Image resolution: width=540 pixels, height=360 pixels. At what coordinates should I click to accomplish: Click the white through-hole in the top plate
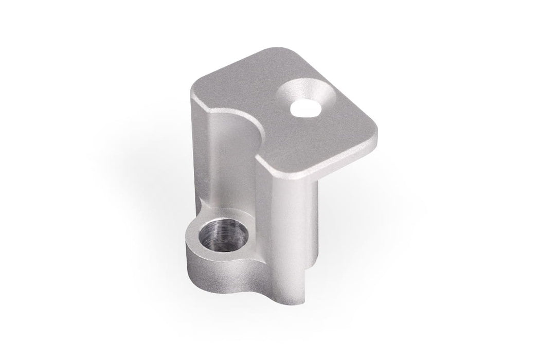click(303, 107)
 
